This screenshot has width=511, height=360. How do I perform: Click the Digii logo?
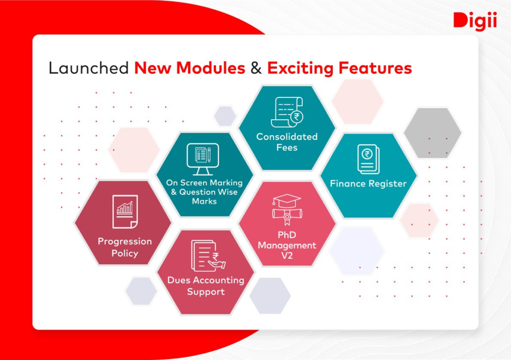click(x=475, y=21)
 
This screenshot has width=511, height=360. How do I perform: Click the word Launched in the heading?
click(x=89, y=68)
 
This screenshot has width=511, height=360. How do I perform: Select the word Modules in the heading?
click(x=211, y=68)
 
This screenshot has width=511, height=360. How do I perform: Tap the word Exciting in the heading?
click(x=300, y=68)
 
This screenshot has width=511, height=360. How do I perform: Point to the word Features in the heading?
click(x=375, y=68)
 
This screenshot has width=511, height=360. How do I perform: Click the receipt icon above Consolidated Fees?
click(x=287, y=112)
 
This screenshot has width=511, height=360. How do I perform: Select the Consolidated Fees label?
click(x=287, y=142)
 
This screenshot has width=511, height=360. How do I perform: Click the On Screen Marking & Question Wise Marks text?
click(x=204, y=192)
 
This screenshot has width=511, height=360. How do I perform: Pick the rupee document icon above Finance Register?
click(x=368, y=159)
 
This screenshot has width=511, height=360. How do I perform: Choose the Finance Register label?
click(x=368, y=183)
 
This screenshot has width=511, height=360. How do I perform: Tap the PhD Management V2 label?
click(x=287, y=245)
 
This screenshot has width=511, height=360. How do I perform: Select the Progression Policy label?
click(x=125, y=247)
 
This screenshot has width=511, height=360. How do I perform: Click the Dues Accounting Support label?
click(x=206, y=286)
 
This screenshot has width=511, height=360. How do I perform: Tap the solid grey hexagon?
click(x=433, y=133)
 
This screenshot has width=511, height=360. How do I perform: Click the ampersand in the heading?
click(x=256, y=68)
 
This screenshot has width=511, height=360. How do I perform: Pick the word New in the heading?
click(x=153, y=68)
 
